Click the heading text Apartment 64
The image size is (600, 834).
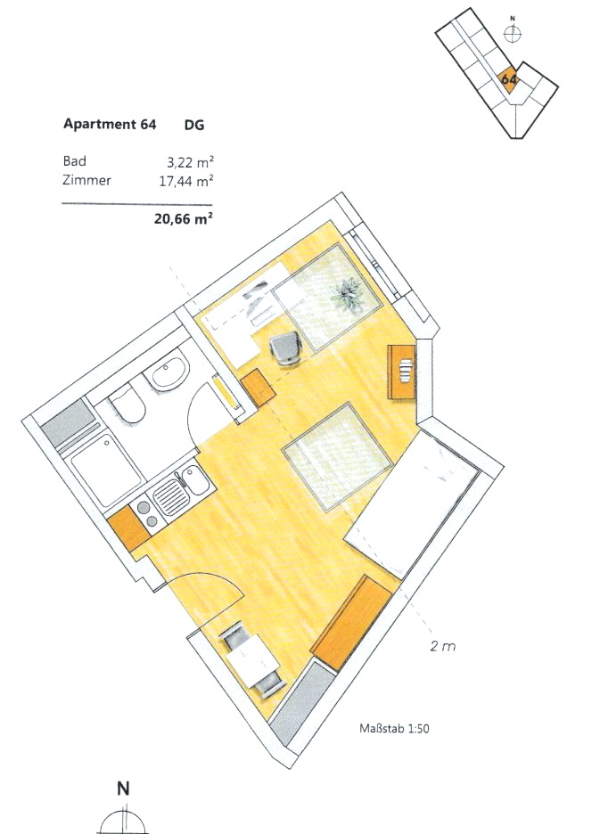110,124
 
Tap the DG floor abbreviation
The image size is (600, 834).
193,125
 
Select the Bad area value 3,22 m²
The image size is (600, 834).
190,161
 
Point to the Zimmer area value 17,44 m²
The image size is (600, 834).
186,182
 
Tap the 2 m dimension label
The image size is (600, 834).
443,646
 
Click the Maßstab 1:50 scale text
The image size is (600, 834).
394,728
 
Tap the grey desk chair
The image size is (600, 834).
286,347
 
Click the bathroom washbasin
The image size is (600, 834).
169,372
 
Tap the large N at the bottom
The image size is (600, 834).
123,788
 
